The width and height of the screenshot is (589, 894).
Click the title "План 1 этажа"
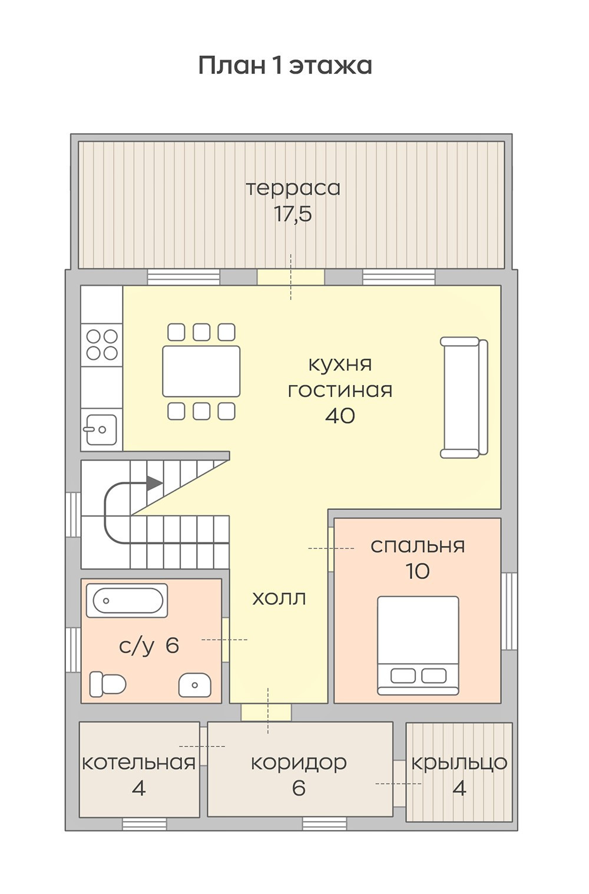click(285, 65)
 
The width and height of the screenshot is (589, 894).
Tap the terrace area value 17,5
click(293, 214)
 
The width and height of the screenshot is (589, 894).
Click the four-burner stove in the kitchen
click(102, 345)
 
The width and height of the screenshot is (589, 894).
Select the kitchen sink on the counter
click(100, 429)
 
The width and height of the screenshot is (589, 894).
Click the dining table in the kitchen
click(201, 371)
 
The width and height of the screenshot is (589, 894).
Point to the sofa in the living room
click(464, 397)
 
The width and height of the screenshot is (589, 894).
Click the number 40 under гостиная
click(340, 416)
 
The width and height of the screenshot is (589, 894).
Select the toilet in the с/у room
click(108, 684)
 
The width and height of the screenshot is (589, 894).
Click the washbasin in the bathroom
click(195, 685)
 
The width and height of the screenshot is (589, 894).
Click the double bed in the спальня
click(418, 645)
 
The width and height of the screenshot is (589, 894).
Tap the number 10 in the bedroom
click(418, 571)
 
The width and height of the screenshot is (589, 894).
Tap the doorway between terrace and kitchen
click(290, 277)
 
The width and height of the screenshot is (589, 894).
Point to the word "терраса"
click(293, 189)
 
